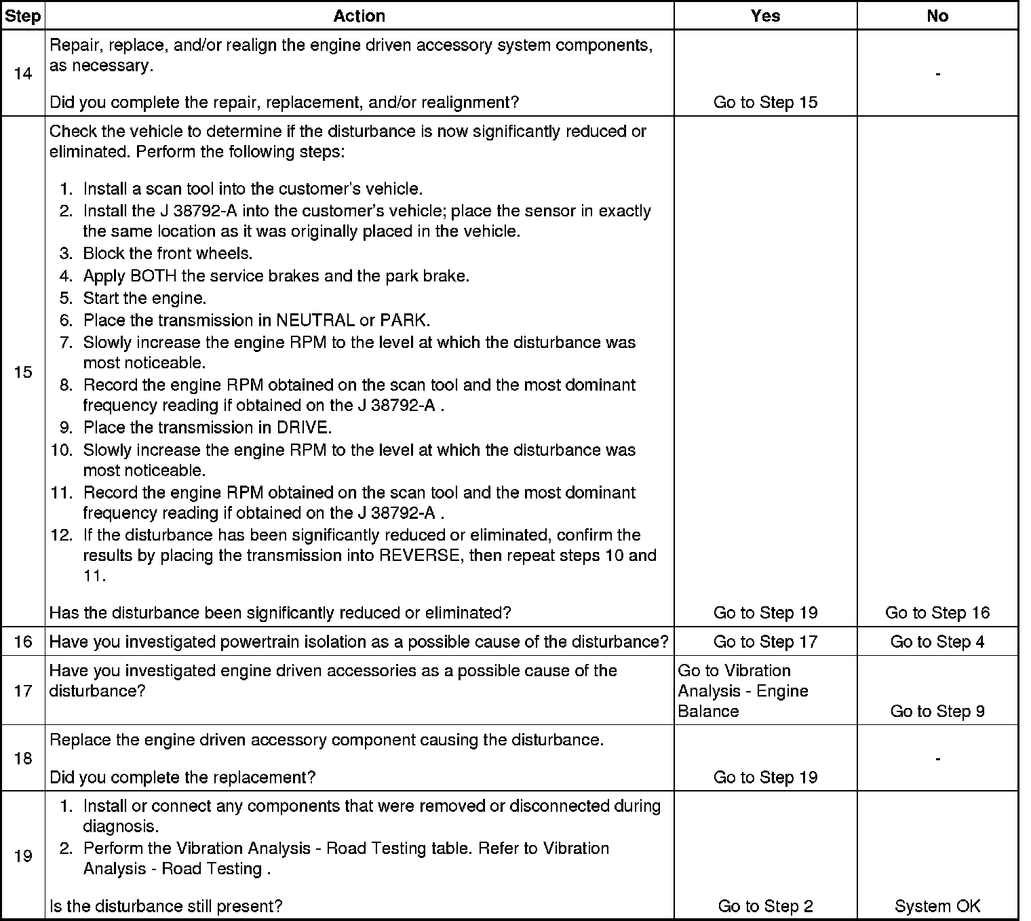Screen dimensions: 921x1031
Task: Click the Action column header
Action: (x=359, y=16)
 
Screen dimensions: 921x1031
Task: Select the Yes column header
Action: (x=765, y=16)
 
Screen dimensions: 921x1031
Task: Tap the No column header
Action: (x=937, y=16)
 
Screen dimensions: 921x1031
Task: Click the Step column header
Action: (x=22, y=16)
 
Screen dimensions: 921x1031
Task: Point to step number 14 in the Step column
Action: (x=22, y=73)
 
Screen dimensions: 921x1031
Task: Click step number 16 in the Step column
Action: (x=22, y=642)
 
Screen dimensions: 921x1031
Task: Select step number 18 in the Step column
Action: (x=22, y=758)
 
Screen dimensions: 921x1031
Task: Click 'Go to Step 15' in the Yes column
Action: (x=765, y=102)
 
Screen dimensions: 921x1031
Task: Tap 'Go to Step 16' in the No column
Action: (x=937, y=613)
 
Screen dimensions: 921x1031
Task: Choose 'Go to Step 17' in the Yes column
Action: (x=765, y=642)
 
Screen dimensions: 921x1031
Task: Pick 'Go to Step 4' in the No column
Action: (x=937, y=642)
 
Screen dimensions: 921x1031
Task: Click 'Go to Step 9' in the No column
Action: (x=937, y=711)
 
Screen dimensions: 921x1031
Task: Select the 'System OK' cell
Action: (x=937, y=906)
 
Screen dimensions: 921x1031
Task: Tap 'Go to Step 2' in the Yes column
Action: (x=765, y=906)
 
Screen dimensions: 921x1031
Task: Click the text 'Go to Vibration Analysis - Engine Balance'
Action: (x=743, y=691)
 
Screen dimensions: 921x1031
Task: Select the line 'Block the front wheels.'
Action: (x=168, y=254)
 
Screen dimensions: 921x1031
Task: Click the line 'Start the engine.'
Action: (x=144, y=298)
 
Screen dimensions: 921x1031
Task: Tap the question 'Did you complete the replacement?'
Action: (x=182, y=777)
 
